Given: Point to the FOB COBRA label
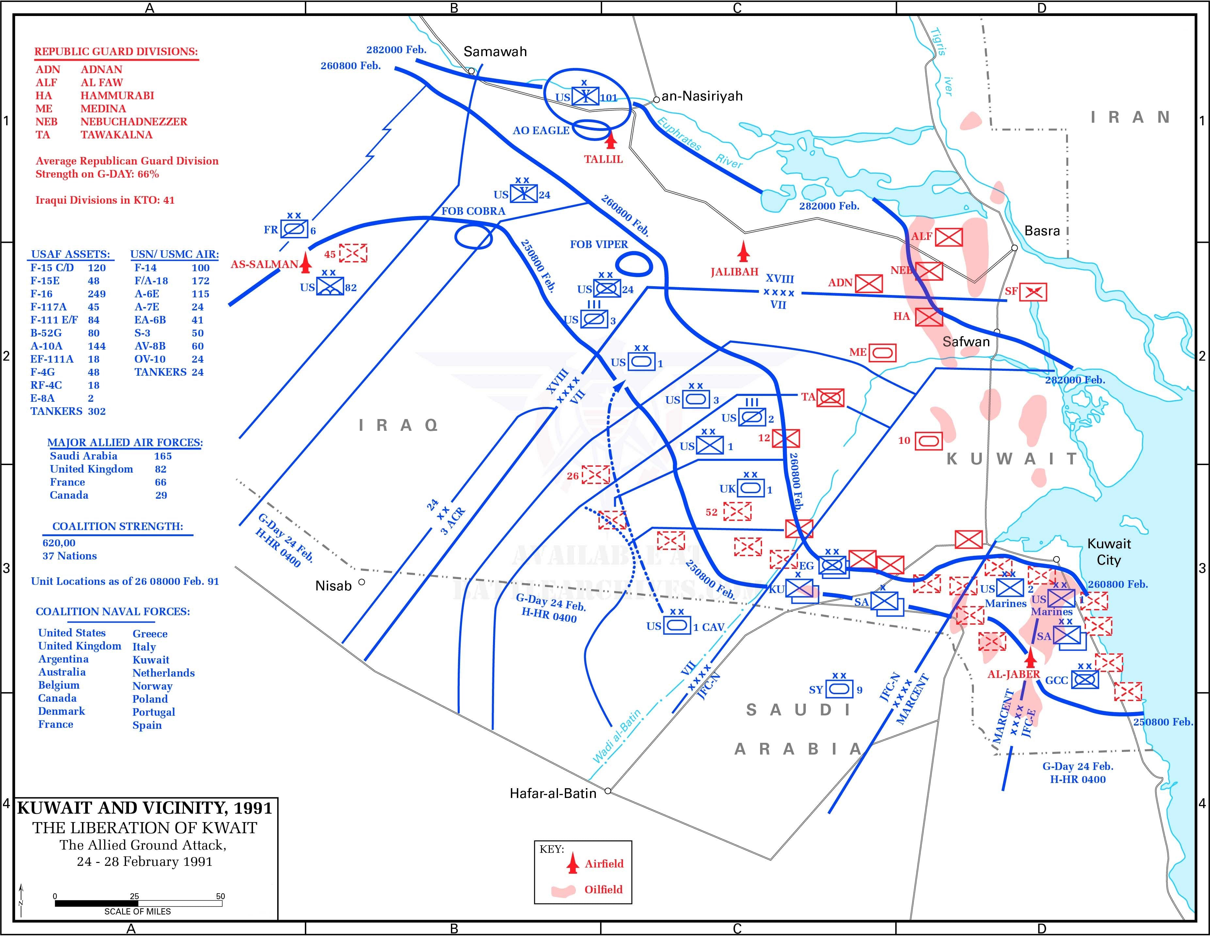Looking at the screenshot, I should (x=473, y=211).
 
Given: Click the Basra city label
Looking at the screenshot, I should (x=1042, y=231).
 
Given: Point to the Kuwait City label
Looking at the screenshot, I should (x=1108, y=552).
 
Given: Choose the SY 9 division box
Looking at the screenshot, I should (x=839, y=689).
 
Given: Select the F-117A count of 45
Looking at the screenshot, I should (x=94, y=307).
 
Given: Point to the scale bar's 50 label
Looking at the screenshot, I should (x=220, y=896).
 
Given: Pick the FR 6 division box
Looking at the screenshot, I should (x=294, y=229).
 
